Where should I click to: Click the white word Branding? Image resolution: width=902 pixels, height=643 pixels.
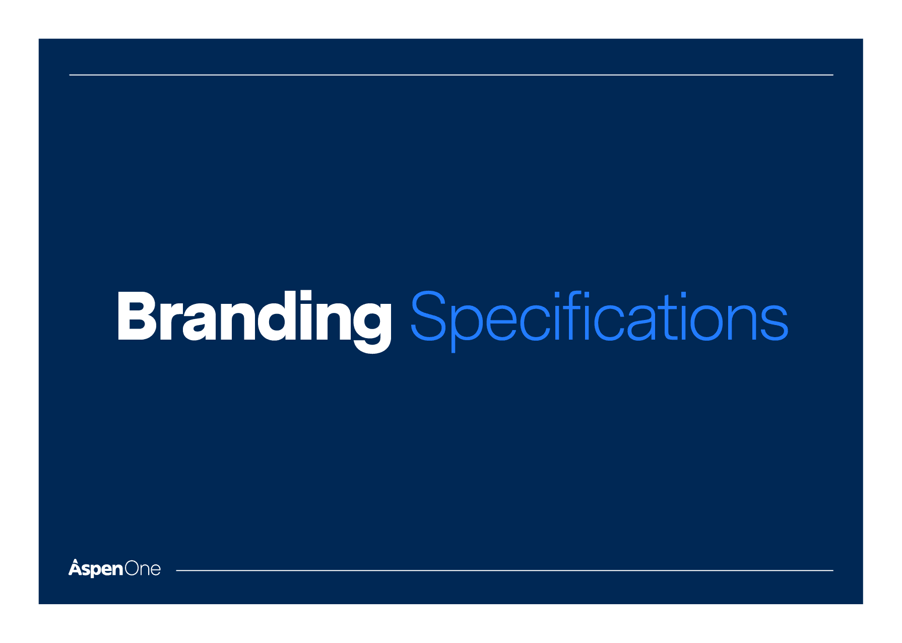(x=254, y=321)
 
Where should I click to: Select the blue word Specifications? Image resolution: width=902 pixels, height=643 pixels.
(x=600, y=321)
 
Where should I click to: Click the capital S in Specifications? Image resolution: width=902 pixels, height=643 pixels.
(x=429, y=316)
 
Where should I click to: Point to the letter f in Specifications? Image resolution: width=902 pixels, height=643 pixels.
(x=575, y=315)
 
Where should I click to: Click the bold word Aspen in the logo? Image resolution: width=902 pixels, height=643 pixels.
(x=96, y=568)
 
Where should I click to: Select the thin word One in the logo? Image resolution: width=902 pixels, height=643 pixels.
(x=143, y=569)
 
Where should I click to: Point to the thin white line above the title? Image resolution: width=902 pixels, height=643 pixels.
(x=451, y=75)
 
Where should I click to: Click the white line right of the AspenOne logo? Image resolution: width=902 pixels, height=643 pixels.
(x=504, y=570)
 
